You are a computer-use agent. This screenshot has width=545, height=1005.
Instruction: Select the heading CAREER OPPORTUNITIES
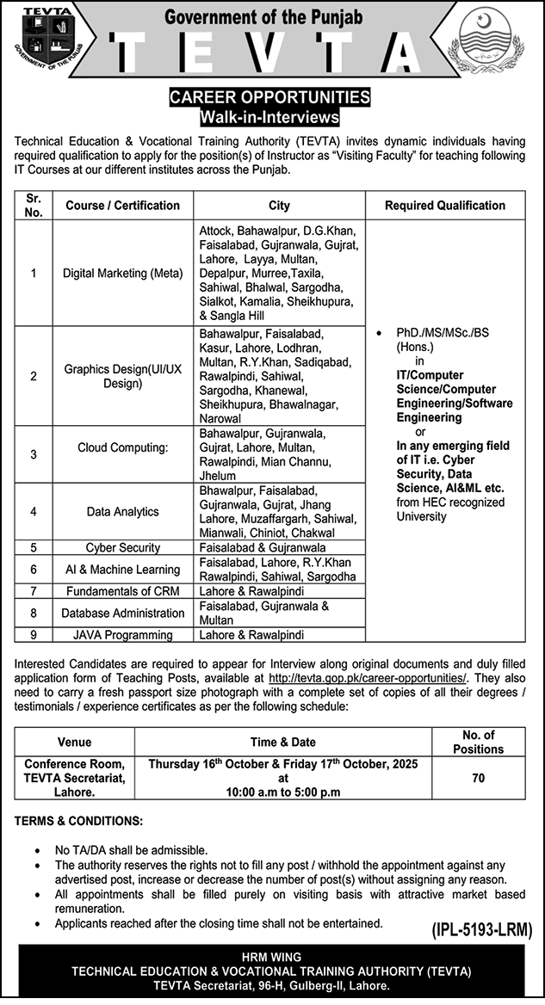[x=270, y=97]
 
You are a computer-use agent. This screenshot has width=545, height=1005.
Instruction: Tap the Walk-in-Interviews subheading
[x=270, y=115]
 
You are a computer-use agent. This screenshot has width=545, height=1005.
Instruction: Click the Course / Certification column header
[x=122, y=206]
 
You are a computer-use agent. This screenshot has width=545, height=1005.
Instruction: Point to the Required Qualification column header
[x=445, y=206]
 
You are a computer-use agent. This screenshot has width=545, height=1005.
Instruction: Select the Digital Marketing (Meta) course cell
[x=122, y=274]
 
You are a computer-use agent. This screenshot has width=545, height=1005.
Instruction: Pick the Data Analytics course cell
[x=122, y=511]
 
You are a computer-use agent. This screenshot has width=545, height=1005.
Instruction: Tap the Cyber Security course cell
[x=122, y=547]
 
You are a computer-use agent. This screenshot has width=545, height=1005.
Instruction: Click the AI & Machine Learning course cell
[x=122, y=569]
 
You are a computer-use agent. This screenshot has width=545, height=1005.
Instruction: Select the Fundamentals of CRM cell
[x=122, y=591]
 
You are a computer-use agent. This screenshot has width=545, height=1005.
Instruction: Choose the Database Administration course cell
[x=122, y=613]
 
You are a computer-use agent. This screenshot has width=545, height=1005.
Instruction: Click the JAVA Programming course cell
[x=122, y=635]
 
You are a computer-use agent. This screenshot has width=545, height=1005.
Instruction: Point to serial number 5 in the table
[x=34, y=547]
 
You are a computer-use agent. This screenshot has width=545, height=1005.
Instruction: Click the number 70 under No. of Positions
[x=479, y=779]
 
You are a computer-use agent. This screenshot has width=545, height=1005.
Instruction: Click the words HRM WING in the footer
[x=272, y=957]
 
